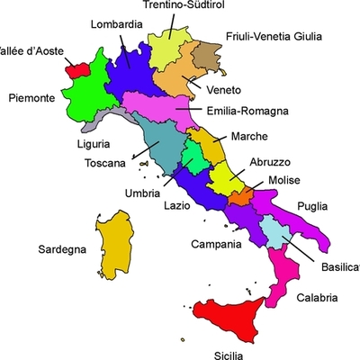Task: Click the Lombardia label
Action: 116,24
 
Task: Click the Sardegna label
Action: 61,249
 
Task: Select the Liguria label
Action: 93,143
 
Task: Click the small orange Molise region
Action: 240,195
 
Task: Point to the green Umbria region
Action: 194,158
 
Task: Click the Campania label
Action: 217,244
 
